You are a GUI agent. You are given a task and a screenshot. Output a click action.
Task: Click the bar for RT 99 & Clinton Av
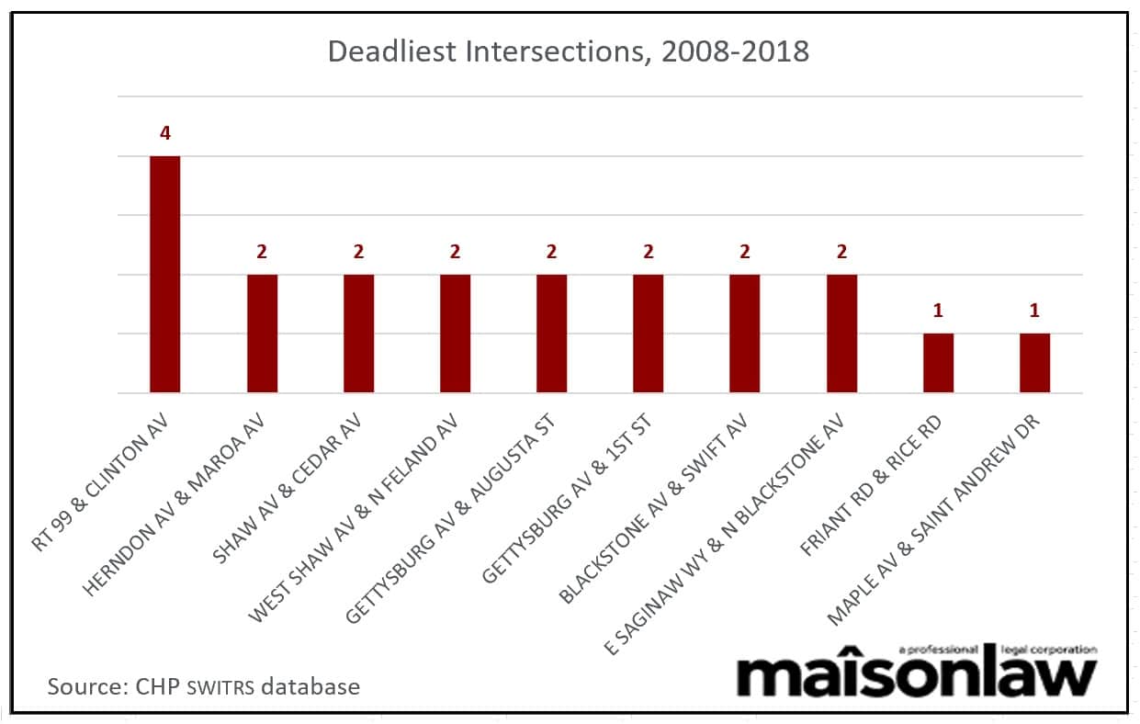165,275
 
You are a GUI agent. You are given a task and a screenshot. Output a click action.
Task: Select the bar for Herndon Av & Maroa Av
262,334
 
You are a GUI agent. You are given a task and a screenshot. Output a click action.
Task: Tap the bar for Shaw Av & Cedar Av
358,334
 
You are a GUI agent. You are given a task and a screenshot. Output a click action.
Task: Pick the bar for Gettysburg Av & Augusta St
551,334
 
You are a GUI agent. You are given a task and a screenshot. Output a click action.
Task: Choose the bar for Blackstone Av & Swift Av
744,334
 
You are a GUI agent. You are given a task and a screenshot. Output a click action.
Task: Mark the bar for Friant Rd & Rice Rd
938,363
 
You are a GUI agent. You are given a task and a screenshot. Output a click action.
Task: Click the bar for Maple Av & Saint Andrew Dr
1034,363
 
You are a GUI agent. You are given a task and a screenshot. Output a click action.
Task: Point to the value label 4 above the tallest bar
165,134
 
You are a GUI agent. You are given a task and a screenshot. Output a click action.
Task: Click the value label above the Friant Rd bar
938,311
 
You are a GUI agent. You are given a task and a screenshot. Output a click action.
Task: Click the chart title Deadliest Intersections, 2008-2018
569,51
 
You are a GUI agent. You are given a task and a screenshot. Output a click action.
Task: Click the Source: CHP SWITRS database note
204,686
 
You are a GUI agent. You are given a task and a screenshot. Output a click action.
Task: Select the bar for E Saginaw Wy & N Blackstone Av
841,334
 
